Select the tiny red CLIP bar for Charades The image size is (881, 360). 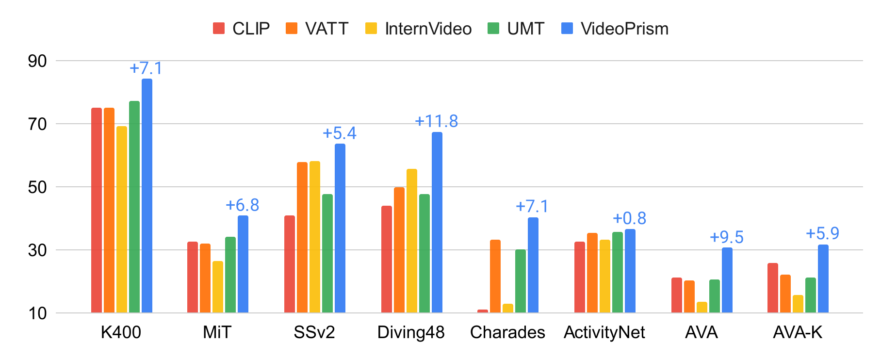482,311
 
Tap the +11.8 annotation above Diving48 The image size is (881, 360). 436,121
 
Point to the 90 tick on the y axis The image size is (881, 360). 37,61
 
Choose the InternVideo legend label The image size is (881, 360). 428,29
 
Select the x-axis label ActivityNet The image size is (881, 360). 604,332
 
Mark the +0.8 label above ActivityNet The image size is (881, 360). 629,218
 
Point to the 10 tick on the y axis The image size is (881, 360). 37,313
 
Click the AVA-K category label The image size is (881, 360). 797,332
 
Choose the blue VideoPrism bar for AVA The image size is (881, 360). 727,280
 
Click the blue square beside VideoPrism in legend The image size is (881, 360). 567,29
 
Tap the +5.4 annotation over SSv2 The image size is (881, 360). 339,133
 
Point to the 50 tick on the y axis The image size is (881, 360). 37,187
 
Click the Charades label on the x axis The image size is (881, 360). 507,332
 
